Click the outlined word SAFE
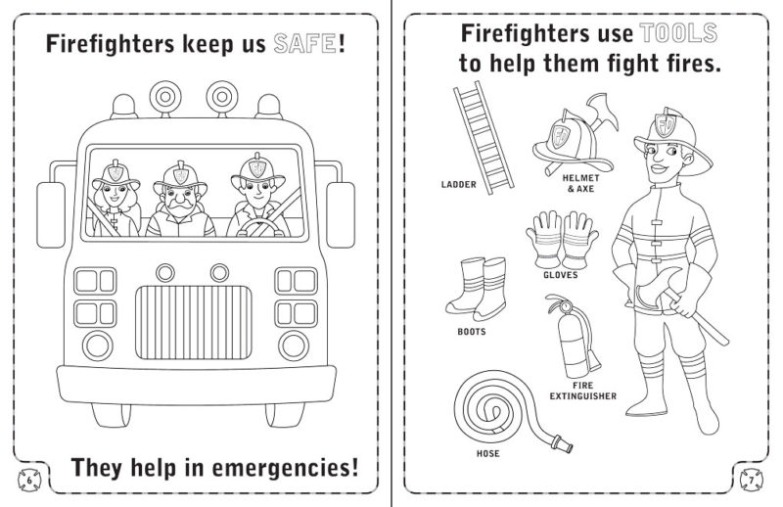(x=301, y=44)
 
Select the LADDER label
(x=459, y=184)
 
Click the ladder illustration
(x=483, y=134)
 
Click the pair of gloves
(x=559, y=238)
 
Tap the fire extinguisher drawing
(x=572, y=339)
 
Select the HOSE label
(x=487, y=454)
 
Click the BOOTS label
(x=472, y=331)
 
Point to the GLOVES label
(x=560, y=275)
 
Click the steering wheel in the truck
(x=258, y=229)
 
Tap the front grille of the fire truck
(x=190, y=322)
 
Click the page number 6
(x=29, y=481)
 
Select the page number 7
(x=753, y=481)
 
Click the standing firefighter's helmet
(x=661, y=132)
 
